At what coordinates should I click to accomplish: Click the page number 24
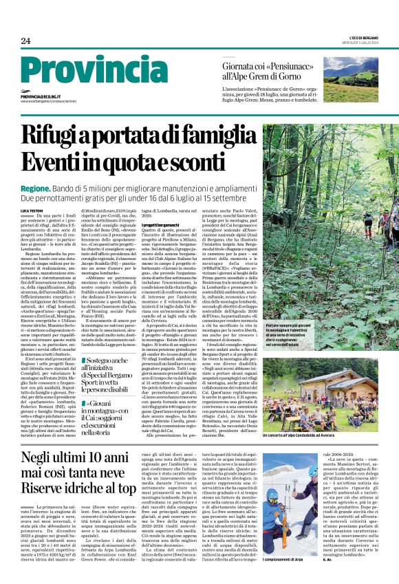coord(25,41)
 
